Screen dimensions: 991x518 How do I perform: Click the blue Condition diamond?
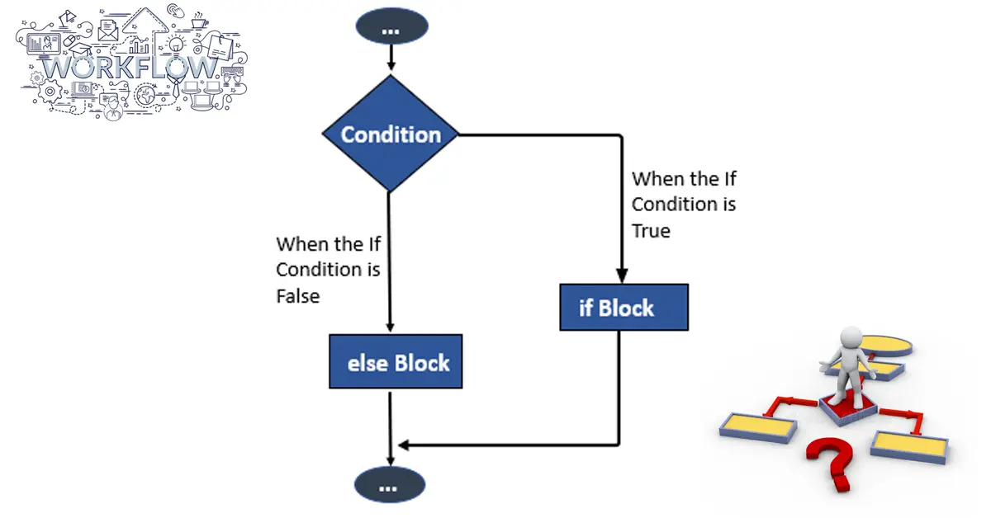[391, 134]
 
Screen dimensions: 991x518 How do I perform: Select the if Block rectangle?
[624, 307]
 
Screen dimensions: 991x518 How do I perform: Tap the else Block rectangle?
[396, 361]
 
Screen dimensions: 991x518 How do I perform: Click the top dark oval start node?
[391, 26]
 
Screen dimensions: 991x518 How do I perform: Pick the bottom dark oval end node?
[390, 485]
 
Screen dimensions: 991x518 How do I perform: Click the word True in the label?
[651, 231]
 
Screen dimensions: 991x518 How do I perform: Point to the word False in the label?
[298, 296]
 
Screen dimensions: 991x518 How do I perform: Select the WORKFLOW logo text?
[131, 68]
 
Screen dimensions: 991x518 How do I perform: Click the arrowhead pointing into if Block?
[622, 275]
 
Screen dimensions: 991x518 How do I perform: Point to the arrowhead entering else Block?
[390, 327]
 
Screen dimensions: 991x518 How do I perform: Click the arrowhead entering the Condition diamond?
[391, 65]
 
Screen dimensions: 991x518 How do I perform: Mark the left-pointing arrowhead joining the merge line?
[404, 445]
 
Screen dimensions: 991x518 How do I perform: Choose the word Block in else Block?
[422, 363]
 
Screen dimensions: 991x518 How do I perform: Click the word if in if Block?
[586, 308]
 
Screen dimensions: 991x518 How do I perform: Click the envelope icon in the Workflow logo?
[108, 31]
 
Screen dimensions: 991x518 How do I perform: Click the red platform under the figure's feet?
[848, 409]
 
